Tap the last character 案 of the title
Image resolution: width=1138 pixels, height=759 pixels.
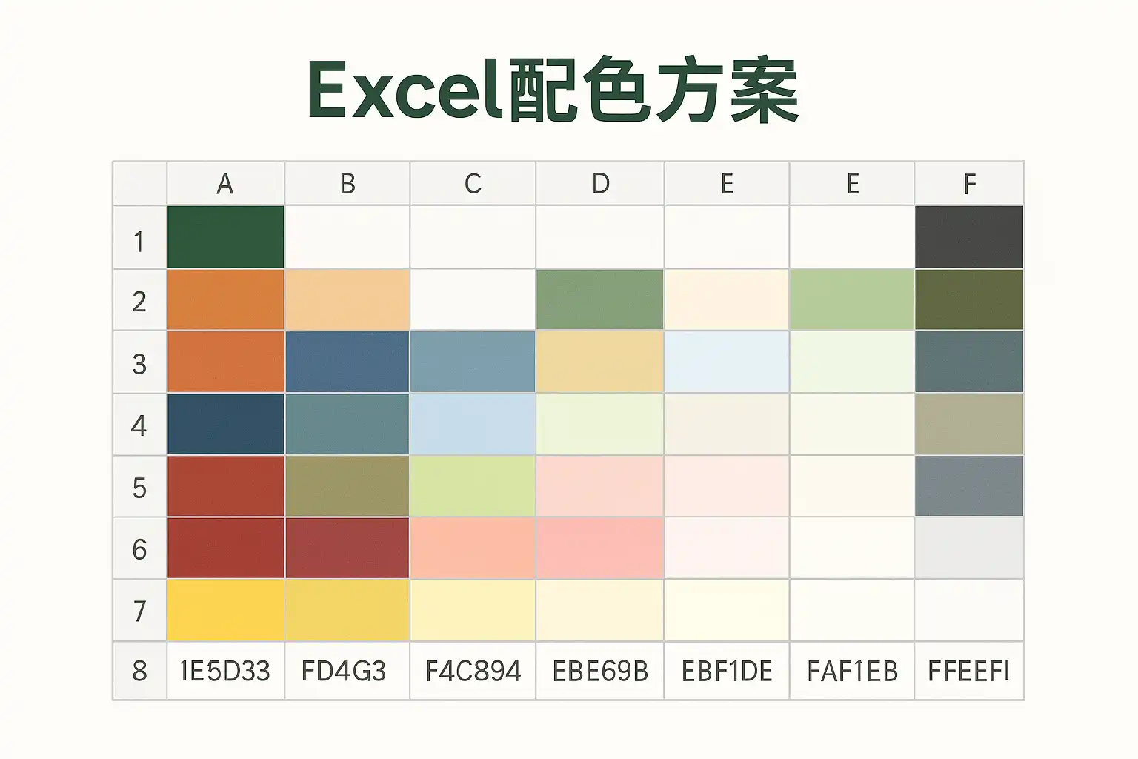(x=765, y=90)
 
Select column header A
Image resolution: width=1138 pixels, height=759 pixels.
(x=225, y=184)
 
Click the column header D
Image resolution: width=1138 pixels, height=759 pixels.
(x=601, y=183)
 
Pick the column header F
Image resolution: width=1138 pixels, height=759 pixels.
(x=969, y=184)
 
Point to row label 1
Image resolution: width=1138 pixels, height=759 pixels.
(x=139, y=242)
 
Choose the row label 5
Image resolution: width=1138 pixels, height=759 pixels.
(x=139, y=488)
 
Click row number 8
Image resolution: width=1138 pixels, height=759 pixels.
(x=139, y=671)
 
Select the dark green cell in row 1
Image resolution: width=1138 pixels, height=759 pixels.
(x=225, y=237)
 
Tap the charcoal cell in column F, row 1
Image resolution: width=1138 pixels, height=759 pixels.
(x=969, y=237)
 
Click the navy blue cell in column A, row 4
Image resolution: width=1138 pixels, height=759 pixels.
(x=225, y=424)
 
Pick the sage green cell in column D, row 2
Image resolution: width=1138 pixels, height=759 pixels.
(x=599, y=299)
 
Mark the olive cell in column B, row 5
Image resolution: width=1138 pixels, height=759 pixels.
(x=347, y=486)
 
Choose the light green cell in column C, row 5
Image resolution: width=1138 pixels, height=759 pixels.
(x=473, y=486)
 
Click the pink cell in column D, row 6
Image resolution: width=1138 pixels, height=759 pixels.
(x=599, y=548)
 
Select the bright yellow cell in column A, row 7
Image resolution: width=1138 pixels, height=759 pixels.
(x=225, y=610)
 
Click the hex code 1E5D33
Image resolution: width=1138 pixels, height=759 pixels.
(x=224, y=671)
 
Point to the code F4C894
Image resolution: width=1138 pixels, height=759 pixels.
(x=473, y=671)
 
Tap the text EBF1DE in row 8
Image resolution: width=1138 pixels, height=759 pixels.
(x=727, y=671)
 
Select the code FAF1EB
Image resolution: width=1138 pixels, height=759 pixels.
(x=852, y=671)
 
